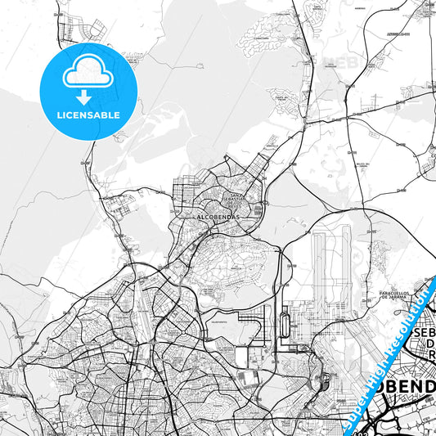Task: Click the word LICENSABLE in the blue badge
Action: pos(89,115)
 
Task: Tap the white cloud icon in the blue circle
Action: pos(88,75)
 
